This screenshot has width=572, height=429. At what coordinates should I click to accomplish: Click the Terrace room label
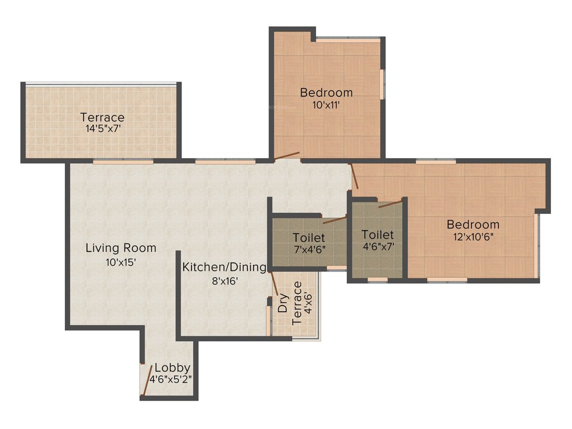click(102, 117)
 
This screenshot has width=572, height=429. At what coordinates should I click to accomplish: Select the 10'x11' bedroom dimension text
click(326, 104)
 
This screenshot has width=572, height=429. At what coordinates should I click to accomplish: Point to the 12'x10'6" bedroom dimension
click(473, 236)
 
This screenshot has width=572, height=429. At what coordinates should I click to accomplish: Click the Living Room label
click(121, 248)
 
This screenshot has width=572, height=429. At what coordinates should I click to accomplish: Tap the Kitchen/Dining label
click(225, 268)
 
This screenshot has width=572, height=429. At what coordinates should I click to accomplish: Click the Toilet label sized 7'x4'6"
click(309, 238)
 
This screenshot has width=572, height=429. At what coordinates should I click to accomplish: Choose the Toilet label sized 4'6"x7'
click(377, 235)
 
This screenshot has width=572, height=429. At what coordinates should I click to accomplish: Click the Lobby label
click(173, 368)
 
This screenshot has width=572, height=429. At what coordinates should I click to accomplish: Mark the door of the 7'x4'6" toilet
click(335, 220)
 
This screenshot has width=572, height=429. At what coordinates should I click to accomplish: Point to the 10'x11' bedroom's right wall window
click(382, 84)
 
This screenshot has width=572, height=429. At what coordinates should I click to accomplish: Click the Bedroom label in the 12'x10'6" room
click(473, 225)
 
